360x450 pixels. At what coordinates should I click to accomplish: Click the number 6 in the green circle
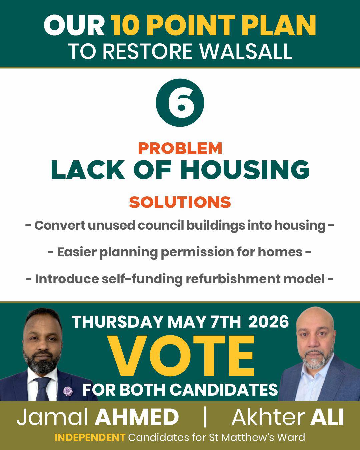click(180, 103)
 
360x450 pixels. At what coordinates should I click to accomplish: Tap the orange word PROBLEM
click(180, 149)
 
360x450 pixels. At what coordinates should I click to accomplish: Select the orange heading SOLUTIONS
click(180, 202)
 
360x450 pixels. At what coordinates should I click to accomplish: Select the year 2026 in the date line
click(269, 322)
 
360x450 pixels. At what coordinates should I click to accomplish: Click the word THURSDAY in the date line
click(117, 322)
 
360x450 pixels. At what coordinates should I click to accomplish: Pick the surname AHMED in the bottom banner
click(137, 418)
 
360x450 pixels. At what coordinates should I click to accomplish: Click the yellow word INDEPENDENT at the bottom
click(90, 437)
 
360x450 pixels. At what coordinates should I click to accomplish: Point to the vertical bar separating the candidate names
click(205, 417)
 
